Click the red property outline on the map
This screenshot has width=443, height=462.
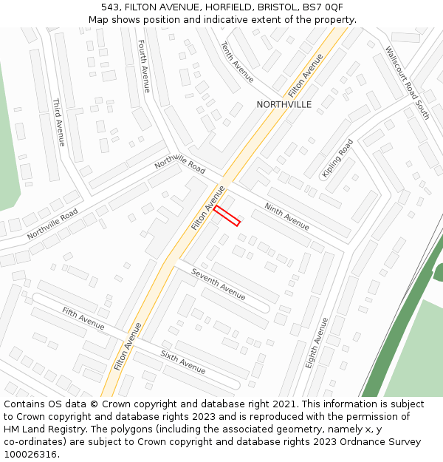[x=227, y=216]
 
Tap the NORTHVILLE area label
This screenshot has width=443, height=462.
[x=284, y=105]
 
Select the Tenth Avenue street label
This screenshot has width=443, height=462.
[x=237, y=62]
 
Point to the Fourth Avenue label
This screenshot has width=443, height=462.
[x=144, y=67]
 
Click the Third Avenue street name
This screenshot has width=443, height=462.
[x=58, y=122]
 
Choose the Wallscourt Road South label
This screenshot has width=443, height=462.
[x=407, y=83]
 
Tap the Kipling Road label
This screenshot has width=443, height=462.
[x=337, y=158]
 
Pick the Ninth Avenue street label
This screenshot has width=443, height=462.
[x=287, y=217]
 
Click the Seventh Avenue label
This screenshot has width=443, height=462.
[x=219, y=284]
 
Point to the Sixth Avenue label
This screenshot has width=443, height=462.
[x=183, y=362]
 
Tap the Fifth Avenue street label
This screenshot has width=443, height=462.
[x=83, y=319]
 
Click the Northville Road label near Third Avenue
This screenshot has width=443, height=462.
[x=52, y=224]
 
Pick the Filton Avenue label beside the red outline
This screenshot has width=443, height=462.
[x=208, y=208]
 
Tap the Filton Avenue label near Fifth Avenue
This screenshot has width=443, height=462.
[x=128, y=346]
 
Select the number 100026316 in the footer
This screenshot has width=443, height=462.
[x=30, y=455]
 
